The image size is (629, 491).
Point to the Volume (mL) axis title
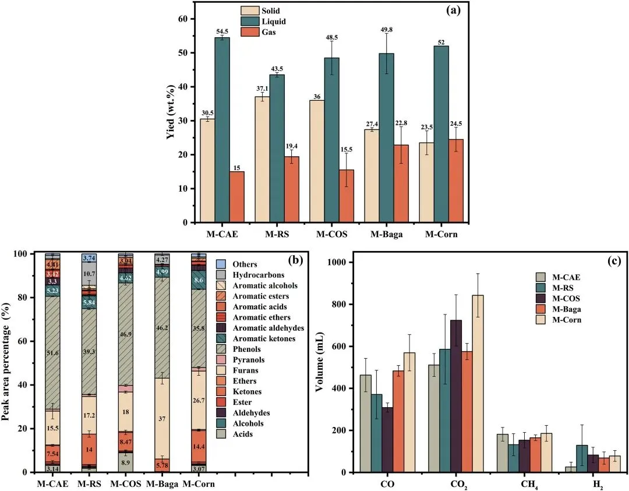pos(320,367)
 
